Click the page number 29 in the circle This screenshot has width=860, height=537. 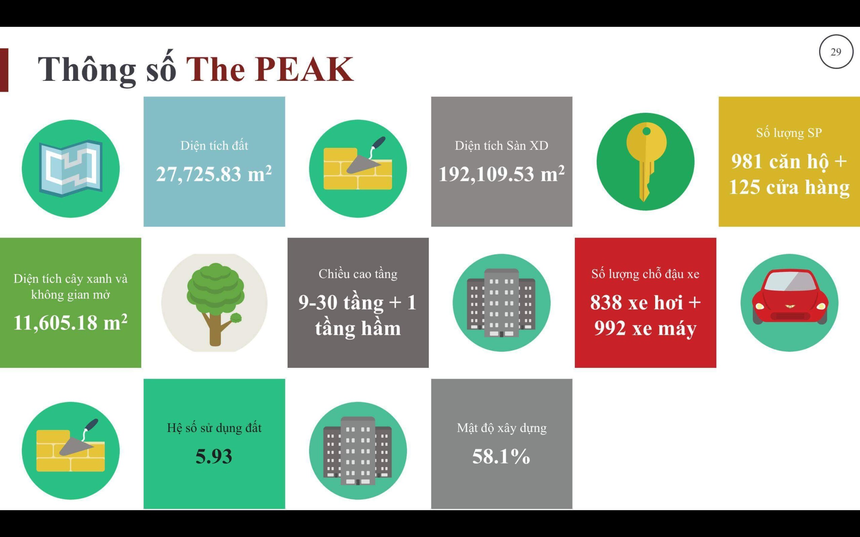[836, 52]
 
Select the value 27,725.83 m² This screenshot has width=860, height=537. [214, 174]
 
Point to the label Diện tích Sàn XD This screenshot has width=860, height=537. [502, 146]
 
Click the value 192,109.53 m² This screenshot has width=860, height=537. [502, 174]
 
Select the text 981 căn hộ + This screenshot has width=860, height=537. [789, 161]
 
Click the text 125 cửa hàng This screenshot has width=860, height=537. [789, 187]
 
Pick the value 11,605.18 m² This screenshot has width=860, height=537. [70, 322]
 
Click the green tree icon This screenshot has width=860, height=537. [215, 304]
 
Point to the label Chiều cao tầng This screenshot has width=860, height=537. [358, 274]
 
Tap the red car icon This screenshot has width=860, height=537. [790, 297]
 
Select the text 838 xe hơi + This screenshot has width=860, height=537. [645, 302]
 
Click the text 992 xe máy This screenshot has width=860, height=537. [645, 328]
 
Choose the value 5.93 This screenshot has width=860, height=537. [214, 456]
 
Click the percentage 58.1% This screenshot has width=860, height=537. [501, 456]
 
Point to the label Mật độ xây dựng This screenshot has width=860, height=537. [502, 428]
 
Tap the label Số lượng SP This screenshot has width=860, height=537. [789, 133]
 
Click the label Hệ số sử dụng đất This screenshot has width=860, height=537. [214, 428]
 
